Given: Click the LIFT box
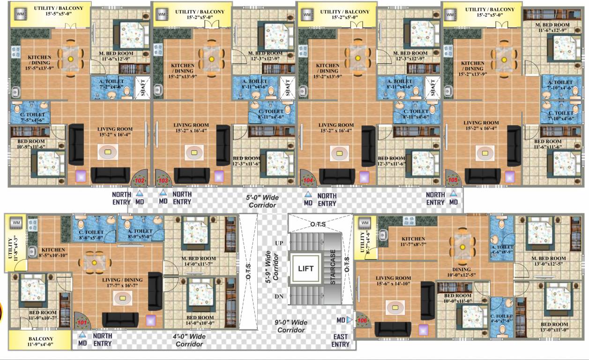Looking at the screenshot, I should tap(305, 269).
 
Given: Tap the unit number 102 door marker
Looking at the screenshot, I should tap(140, 180).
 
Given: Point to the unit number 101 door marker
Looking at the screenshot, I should tap(82, 322).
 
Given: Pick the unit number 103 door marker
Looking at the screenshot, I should tap(163, 180).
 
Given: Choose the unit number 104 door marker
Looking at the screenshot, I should tap(308, 180).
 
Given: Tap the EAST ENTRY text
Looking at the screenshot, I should tap(341, 340).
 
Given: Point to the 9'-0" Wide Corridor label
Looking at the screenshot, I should tap(291, 326).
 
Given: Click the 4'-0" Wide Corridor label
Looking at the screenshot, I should tap(189, 340).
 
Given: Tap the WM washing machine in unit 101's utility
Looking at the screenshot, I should tap(16, 222).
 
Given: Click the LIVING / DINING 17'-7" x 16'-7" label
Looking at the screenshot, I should tap(122, 283).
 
